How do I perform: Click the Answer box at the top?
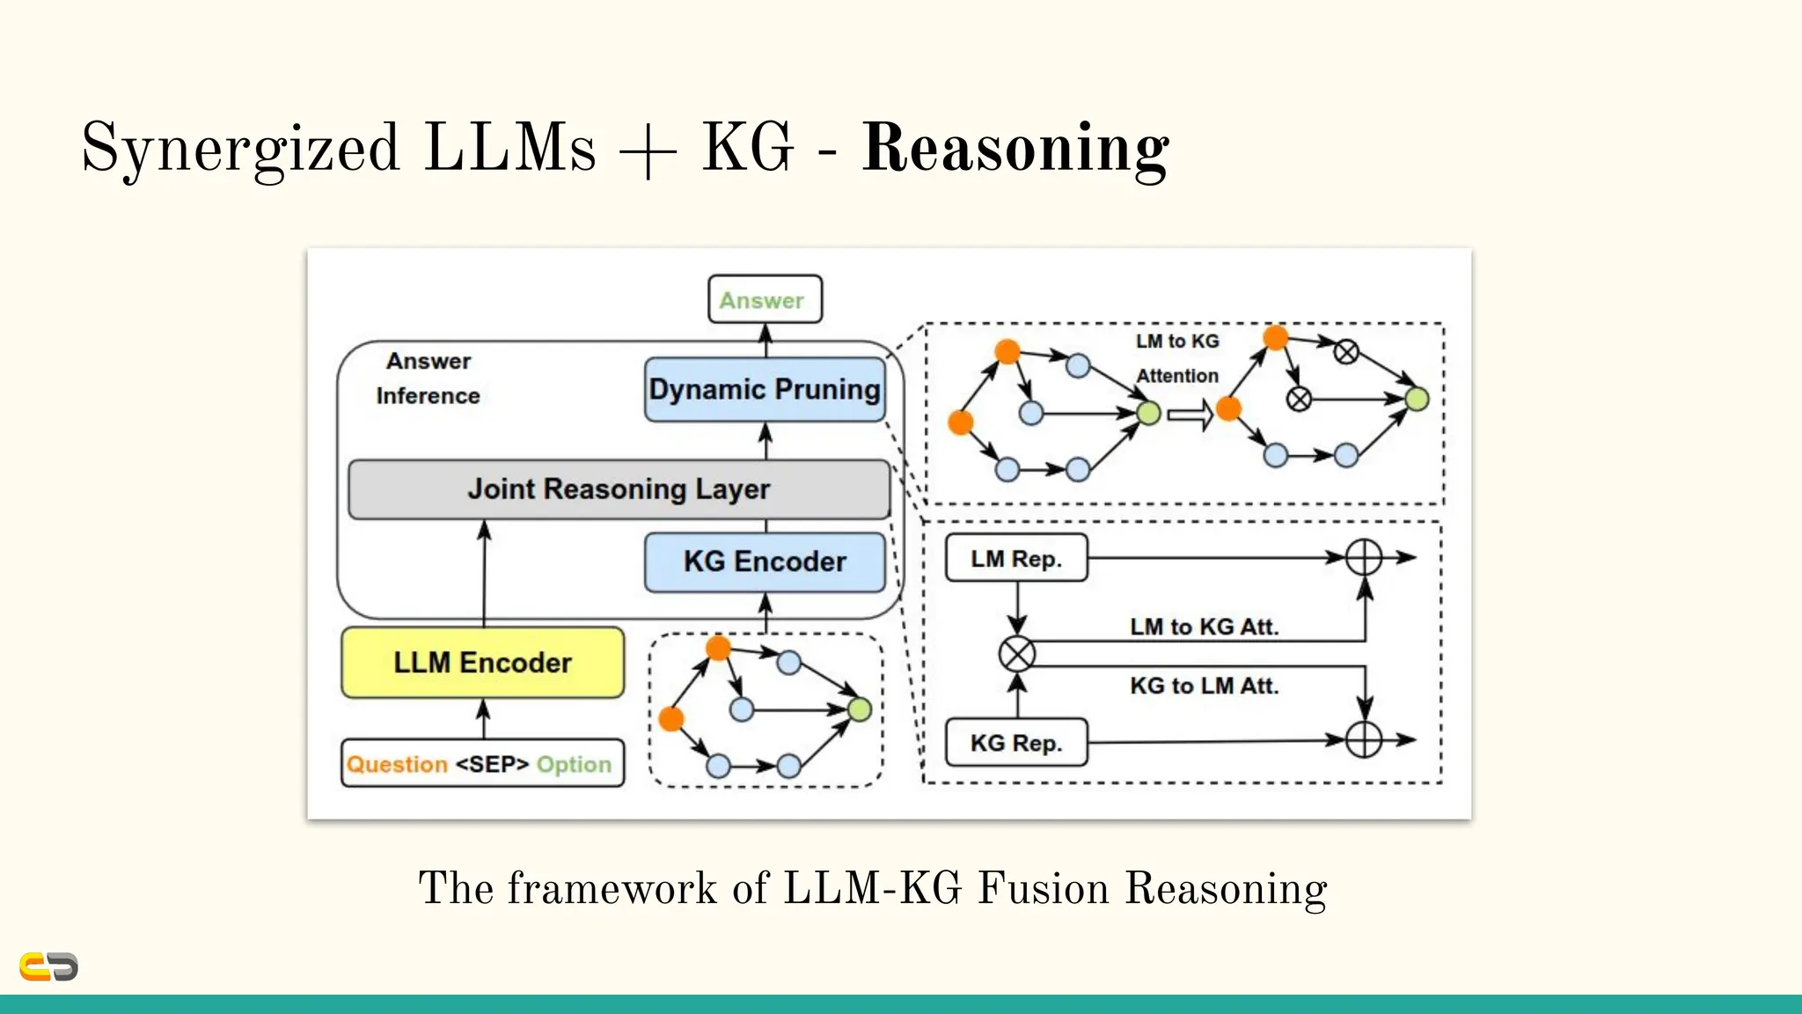pyautogui.click(x=765, y=299)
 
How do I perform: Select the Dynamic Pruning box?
pyautogui.click(x=765, y=389)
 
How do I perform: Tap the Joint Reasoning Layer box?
pyautogui.click(x=619, y=489)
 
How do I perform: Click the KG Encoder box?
pyautogui.click(x=765, y=562)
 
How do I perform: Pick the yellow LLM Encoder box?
pyautogui.click(x=482, y=663)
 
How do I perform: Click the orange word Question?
pyautogui.click(x=397, y=764)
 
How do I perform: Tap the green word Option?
pyautogui.click(x=574, y=764)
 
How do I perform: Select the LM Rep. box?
pyautogui.click(x=1016, y=558)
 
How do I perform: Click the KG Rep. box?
pyautogui.click(x=1016, y=743)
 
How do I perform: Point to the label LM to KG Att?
pyautogui.click(x=1204, y=627)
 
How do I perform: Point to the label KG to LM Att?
pyautogui.click(x=1204, y=686)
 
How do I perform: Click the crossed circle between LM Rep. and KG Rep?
pyautogui.click(x=1017, y=654)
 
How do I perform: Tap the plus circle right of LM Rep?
pyautogui.click(x=1364, y=557)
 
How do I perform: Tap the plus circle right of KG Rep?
pyautogui.click(x=1364, y=740)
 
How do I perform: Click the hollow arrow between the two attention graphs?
pyautogui.click(x=1190, y=414)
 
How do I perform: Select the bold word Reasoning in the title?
pyautogui.click(x=1015, y=148)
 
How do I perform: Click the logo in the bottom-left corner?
pyautogui.click(x=48, y=966)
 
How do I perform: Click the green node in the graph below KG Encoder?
pyautogui.click(x=860, y=709)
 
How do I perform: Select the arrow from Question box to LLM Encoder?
pyautogui.click(x=483, y=718)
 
